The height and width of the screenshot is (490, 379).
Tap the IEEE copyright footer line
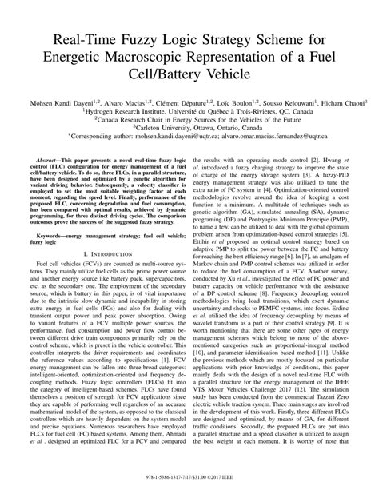189,481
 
